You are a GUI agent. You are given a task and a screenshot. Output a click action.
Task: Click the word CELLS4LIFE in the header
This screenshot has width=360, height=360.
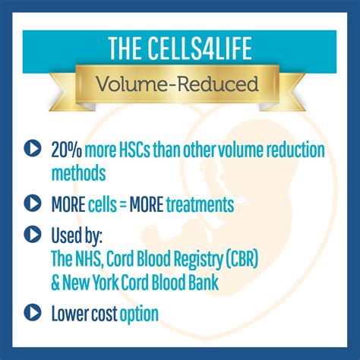tap(200, 48)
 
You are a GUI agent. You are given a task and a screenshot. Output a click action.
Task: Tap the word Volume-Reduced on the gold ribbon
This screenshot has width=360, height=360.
tap(177, 84)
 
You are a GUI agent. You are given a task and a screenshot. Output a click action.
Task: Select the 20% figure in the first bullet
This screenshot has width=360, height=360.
tap(67, 150)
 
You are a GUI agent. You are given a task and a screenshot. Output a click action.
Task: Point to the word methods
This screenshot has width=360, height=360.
tap(78, 173)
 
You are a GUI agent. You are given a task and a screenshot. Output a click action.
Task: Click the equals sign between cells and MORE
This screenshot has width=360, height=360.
tap(123, 204)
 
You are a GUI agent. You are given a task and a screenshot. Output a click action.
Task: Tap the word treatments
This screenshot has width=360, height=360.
tap(200, 204)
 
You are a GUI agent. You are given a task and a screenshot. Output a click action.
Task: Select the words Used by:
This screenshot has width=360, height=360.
tap(77, 235)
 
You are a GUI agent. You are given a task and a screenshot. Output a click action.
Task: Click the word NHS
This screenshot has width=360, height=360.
tap(87, 259)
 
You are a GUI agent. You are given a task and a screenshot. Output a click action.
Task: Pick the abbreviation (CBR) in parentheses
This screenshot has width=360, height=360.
tap(242, 259)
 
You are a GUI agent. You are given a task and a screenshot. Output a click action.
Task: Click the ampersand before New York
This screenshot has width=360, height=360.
tap(55, 283)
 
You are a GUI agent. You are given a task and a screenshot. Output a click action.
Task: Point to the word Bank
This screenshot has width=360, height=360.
tap(204, 283)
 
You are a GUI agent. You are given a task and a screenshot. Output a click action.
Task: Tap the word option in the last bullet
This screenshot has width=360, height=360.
tap(139, 314)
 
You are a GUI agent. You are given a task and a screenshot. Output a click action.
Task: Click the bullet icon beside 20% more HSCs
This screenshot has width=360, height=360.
tap(33, 148)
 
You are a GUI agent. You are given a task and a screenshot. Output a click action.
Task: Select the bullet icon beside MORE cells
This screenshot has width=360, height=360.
tap(33, 203)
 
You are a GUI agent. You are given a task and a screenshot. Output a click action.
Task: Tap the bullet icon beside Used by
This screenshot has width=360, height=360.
tap(33, 234)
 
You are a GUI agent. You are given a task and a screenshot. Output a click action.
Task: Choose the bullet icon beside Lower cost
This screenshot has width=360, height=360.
tap(33, 312)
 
